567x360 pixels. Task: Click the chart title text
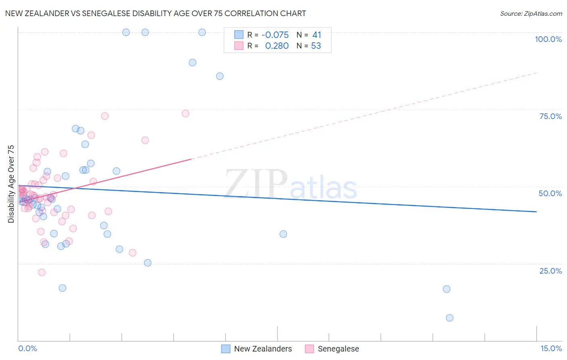tap(155, 13)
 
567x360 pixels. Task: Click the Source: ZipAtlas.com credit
tap(531, 13)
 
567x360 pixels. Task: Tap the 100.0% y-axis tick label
tap(548, 39)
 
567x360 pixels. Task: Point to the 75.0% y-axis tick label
tap(550, 116)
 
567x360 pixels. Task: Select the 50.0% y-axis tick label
tap(550, 193)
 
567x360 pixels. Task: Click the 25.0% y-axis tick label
tap(550, 271)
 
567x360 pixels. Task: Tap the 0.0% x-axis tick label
tap(27, 348)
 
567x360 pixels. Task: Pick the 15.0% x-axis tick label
tap(551, 348)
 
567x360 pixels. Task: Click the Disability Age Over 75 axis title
tap(11, 184)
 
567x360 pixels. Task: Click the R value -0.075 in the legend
tap(275, 35)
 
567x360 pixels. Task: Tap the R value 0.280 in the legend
tap(277, 46)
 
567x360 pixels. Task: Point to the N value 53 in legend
tap(316, 46)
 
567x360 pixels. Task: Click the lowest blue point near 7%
tap(450, 318)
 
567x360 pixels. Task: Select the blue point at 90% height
tap(192, 63)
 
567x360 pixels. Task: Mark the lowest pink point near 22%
tap(42, 272)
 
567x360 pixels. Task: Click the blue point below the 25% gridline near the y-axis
tap(63, 288)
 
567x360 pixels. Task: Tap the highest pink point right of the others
tap(186, 113)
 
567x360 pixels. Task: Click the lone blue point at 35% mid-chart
tap(283, 234)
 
